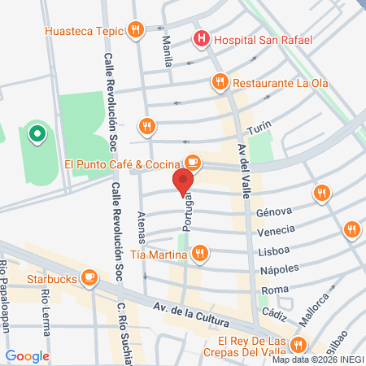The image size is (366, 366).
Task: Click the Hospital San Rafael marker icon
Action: (x=200, y=38)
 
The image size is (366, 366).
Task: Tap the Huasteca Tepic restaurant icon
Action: (x=136, y=32)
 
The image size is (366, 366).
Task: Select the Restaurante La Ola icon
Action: (x=219, y=82)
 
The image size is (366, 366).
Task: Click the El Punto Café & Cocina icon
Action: (x=192, y=161)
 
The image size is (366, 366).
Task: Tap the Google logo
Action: (x=28, y=355)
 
